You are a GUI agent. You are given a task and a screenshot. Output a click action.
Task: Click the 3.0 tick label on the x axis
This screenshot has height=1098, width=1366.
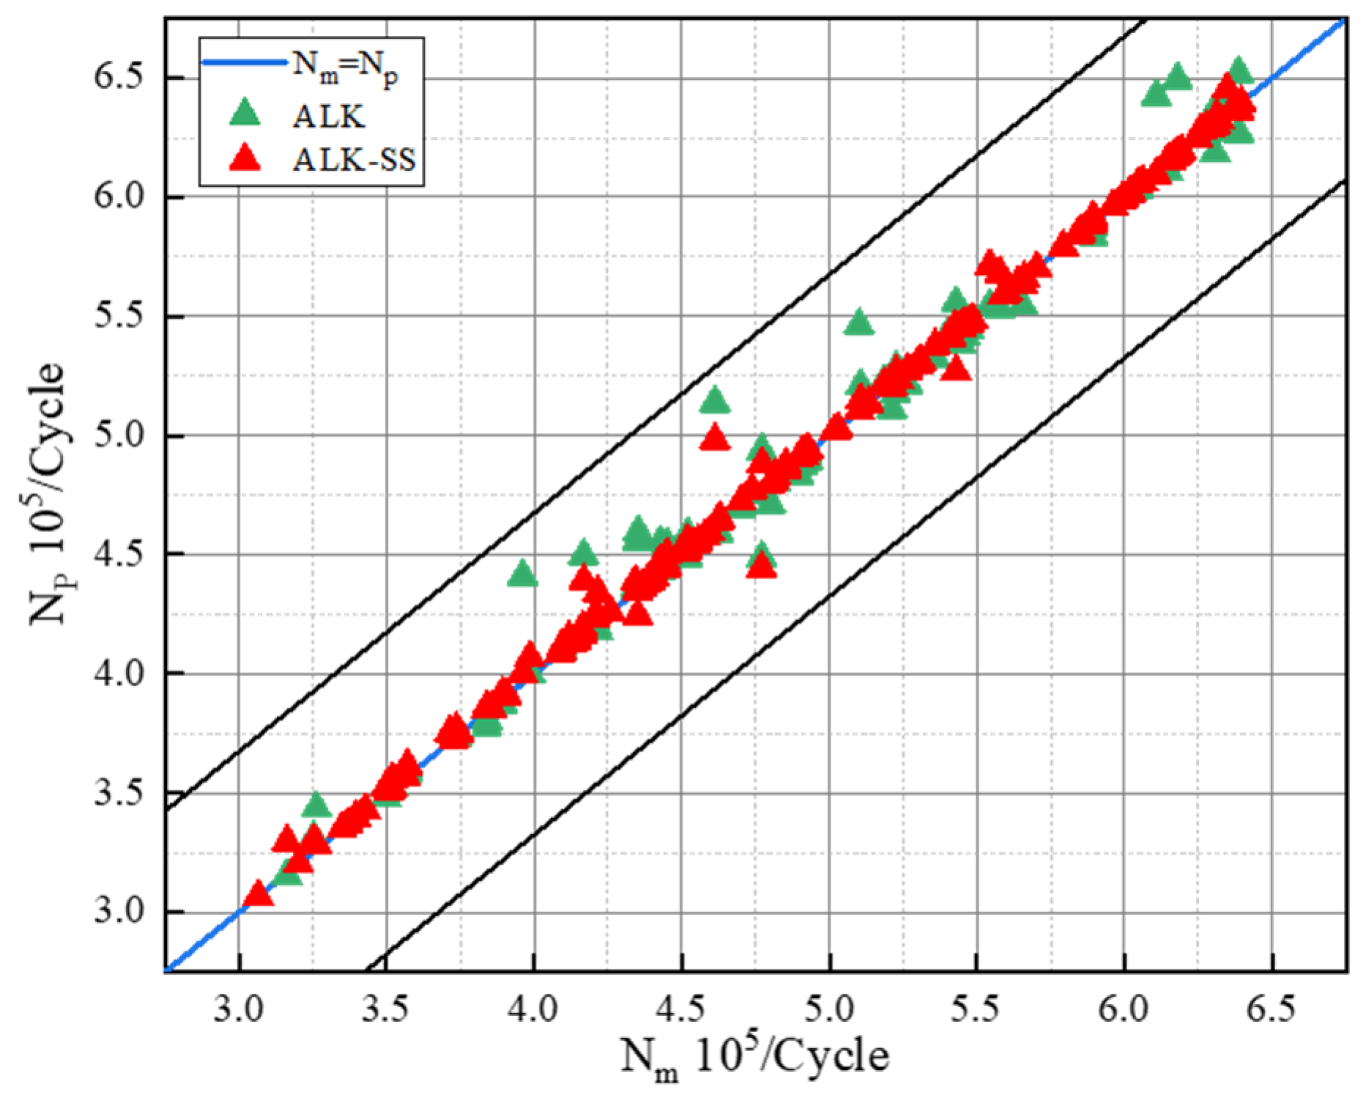click(x=238, y=1009)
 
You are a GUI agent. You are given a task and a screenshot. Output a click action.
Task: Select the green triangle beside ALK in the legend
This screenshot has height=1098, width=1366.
click(x=245, y=114)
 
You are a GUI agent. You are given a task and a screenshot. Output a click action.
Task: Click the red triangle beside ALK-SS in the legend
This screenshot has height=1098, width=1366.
click(x=245, y=158)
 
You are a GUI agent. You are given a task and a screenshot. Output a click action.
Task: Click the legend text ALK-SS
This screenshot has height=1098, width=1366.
click(x=355, y=159)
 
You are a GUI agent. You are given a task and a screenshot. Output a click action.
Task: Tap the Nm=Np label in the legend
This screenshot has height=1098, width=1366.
click(x=345, y=66)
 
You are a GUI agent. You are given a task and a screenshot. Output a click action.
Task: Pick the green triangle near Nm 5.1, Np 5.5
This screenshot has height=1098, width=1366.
click(x=859, y=323)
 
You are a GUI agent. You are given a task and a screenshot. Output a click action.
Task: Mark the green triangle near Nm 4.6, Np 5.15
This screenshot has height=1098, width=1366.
click(x=715, y=401)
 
